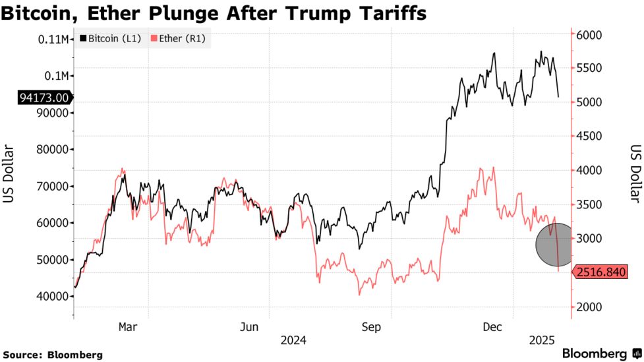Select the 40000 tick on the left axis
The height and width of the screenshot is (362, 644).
(52, 296)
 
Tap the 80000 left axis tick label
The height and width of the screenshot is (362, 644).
(52, 149)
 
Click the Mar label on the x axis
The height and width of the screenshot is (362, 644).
(127, 326)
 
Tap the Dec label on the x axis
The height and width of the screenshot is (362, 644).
(493, 326)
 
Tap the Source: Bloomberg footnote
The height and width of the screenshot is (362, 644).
(52, 354)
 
